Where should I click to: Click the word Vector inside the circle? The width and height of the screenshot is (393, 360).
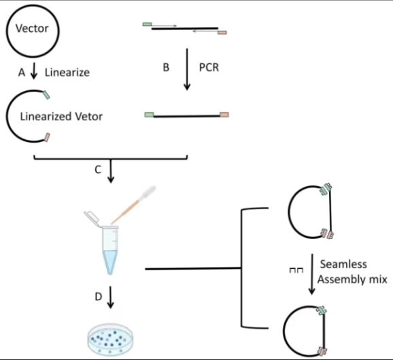(32, 29)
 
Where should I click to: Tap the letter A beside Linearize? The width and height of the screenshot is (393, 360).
(22, 73)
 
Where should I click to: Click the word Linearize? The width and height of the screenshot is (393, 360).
(67, 73)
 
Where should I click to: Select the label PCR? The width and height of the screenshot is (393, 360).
(209, 67)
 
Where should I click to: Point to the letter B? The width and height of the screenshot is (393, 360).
(166, 67)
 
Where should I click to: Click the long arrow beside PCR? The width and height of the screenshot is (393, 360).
(187, 69)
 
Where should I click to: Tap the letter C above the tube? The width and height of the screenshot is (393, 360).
(98, 170)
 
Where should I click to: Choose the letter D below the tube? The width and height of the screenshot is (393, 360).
(99, 297)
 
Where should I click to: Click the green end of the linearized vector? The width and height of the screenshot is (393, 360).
(46, 95)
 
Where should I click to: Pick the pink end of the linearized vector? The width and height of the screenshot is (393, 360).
(47, 137)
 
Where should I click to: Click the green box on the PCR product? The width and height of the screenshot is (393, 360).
(149, 115)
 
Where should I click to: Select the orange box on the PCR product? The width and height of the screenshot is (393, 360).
(224, 115)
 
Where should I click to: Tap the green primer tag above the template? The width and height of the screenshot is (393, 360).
(147, 24)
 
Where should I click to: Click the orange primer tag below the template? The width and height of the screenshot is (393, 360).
(222, 33)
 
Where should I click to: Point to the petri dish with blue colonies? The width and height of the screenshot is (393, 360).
(110, 339)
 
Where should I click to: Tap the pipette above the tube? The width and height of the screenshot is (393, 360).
(133, 204)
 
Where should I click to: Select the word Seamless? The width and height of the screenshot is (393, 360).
(343, 264)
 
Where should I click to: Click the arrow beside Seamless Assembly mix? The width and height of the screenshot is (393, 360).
(312, 274)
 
